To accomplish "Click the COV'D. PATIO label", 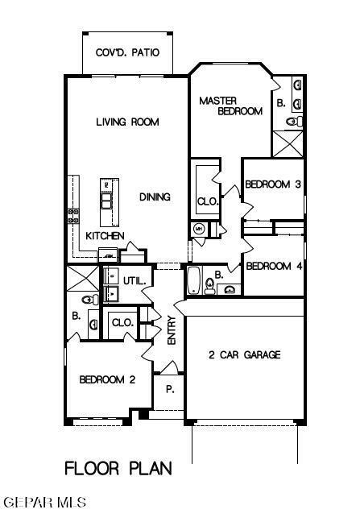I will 128,52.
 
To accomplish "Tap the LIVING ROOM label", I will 127,122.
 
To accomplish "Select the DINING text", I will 155,197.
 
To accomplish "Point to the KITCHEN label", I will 105,236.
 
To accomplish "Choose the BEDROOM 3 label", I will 273,184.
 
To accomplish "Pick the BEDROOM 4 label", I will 273,266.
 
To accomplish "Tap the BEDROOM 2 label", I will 106,379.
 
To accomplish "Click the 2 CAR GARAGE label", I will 244,355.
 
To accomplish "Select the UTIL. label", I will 134,281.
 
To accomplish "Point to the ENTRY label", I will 172,331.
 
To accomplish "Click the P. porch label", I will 170,389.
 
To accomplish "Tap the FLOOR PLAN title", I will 118,467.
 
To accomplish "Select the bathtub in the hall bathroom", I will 194,281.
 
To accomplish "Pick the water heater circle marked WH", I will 198,229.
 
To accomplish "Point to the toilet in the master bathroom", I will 294,121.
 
